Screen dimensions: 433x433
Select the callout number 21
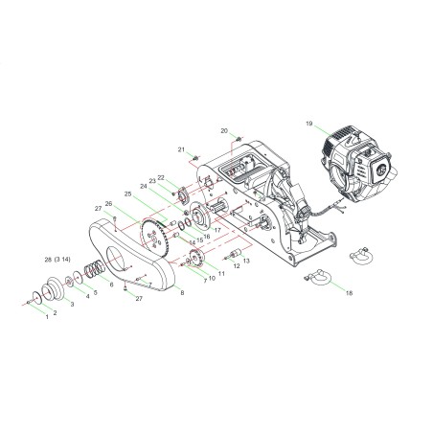click(x=180, y=149)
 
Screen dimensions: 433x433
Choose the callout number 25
click(x=128, y=194)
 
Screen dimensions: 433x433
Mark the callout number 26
click(x=110, y=203)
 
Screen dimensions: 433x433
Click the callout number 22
click(x=162, y=176)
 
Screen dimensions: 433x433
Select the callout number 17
click(x=218, y=231)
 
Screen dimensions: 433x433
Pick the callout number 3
click(x=71, y=303)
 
